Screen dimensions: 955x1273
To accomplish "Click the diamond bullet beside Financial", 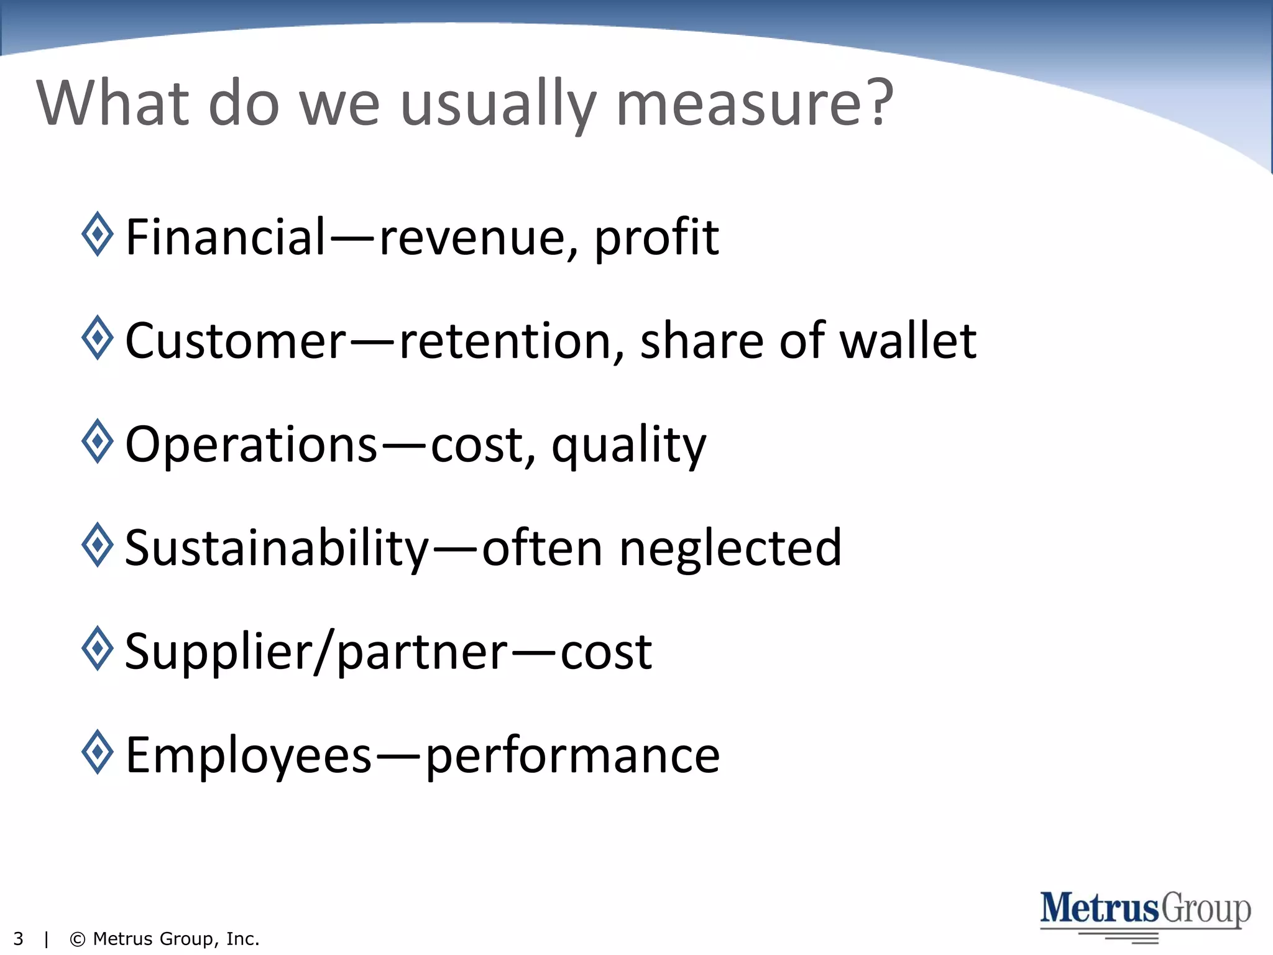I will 98,234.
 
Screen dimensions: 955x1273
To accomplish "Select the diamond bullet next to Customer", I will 98,338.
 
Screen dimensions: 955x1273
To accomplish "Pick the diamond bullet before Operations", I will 98,441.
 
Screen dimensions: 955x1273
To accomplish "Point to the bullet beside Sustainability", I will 98,545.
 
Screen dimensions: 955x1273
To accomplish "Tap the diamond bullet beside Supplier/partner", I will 98,648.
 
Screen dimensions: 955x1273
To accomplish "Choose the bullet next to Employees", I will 98,752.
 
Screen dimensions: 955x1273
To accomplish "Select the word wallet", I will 908,341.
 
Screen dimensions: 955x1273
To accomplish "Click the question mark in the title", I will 881,103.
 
